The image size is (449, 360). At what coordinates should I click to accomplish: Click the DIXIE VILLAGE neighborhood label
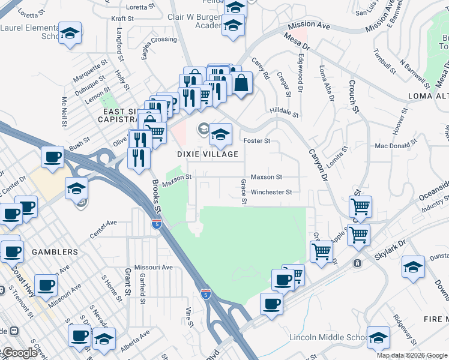pyautogui.click(x=208, y=154)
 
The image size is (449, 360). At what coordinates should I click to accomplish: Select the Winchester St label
pyautogui.click(x=271, y=193)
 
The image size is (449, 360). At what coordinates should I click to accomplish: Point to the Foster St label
pyautogui.click(x=257, y=141)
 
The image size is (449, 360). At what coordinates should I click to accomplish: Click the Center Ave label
pyautogui.click(x=103, y=226)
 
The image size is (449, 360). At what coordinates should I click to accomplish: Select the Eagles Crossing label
pyautogui.click(x=151, y=49)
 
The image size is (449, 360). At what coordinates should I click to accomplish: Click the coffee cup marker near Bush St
pyautogui.click(x=52, y=157)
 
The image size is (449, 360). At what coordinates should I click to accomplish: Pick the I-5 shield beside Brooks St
pyautogui.click(x=156, y=224)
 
